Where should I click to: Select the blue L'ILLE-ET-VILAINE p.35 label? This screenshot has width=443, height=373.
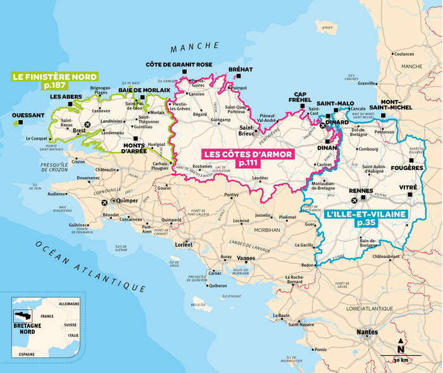pyautogui.click(x=365, y=219)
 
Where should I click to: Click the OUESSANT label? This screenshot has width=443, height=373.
pyautogui.click(x=28, y=115)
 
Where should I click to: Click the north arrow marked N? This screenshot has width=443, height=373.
pyautogui.click(x=400, y=346)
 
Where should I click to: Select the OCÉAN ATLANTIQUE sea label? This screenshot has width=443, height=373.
pyautogui.click(x=89, y=266)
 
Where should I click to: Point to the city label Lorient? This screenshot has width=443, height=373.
pyautogui.click(x=184, y=244)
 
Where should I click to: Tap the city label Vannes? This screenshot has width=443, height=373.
pyautogui.click(x=246, y=258)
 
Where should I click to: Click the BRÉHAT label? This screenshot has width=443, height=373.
pyautogui.click(x=240, y=69)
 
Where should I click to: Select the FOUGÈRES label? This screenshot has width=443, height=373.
pyautogui.click(x=408, y=168)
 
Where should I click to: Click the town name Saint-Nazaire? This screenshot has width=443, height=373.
pyautogui.click(x=303, y=324)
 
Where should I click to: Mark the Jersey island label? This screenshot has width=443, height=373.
pyautogui.click(x=327, y=28)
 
